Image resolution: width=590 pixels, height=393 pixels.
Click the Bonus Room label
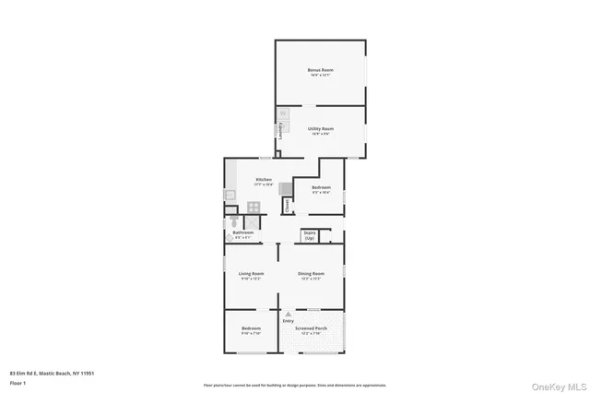coord(321,70)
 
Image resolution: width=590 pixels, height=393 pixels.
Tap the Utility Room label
coord(321,129)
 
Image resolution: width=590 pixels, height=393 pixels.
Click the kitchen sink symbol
coord(230,195)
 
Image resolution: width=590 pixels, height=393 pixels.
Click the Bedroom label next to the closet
coord(320,189)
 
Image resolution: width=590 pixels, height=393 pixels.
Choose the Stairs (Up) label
coord(310,236)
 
